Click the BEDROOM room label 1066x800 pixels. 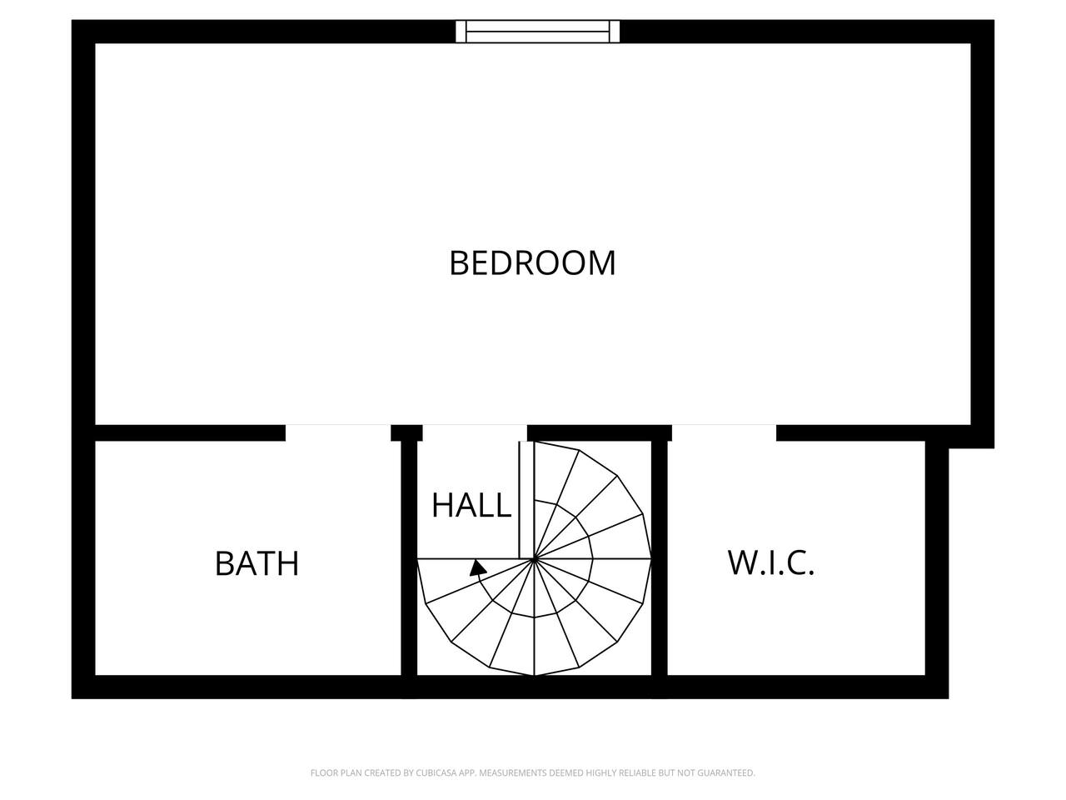pos(532,263)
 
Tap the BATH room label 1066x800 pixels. pos(257,563)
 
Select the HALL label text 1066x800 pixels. pos(471,505)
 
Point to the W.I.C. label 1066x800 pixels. pos(770,563)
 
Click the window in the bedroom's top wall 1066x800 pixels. pos(538,32)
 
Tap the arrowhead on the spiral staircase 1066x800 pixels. pos(477,568)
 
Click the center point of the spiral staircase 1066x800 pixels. pos(534,559)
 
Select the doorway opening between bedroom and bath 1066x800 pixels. pos(338,432)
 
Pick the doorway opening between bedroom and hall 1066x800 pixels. pos(475,432)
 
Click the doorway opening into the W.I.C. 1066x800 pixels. pos(724,432)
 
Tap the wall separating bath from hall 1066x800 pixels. pos(409,558)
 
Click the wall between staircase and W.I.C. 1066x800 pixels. pos(659,558)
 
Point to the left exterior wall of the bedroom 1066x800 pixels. pos(83,233)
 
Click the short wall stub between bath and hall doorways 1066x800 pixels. pos(406,432)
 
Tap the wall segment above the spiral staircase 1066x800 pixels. pos(600,432)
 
